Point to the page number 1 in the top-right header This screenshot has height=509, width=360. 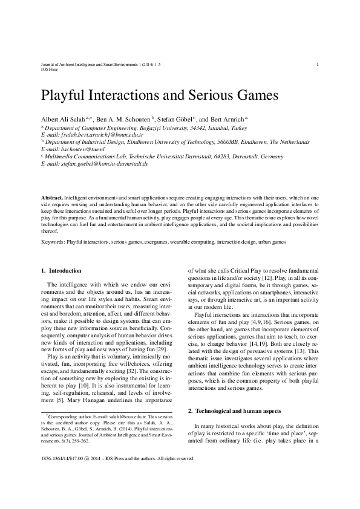coord(318,64)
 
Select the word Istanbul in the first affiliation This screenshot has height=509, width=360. coord(206,128)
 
